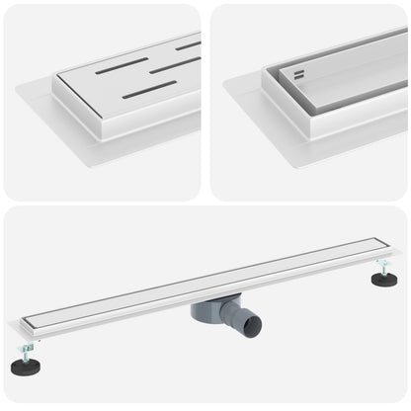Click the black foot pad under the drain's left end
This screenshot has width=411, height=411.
[26, 367]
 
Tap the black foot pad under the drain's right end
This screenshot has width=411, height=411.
[384, 280]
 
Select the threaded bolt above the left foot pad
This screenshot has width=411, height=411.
[28, 352]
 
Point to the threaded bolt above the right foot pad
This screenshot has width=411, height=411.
[383, 267]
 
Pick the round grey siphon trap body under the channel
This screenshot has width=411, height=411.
[206, 311]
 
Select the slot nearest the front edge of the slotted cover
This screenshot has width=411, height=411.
[149, 90]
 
